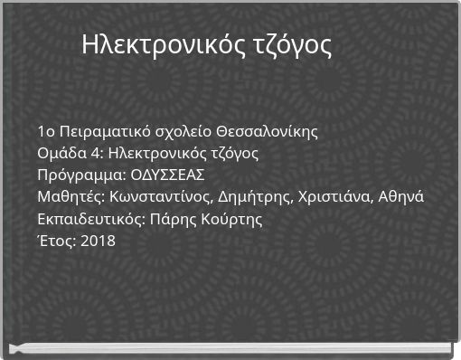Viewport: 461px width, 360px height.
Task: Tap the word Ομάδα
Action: tap(57, 153)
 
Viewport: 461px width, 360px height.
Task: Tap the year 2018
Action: tap(98, 241)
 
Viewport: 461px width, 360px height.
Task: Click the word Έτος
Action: tap(56, 241)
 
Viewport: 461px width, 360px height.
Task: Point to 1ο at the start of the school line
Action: tap(46, 131)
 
